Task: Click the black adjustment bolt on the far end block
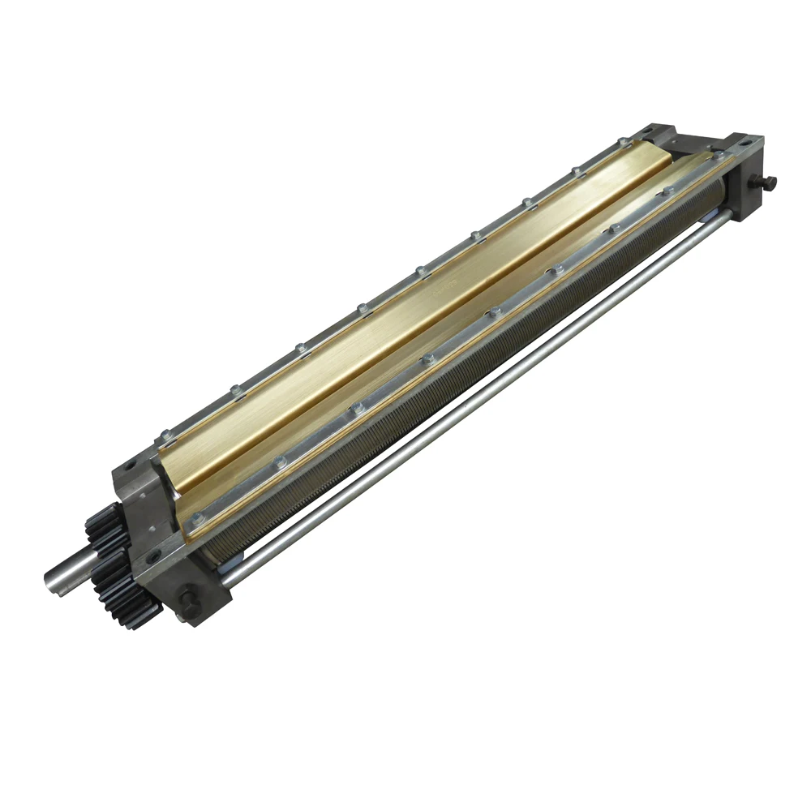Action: coord(767,182)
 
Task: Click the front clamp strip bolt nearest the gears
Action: coord(195,513)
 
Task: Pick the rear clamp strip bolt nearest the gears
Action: coord(165,435)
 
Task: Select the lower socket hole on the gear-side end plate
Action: coord(151,557)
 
